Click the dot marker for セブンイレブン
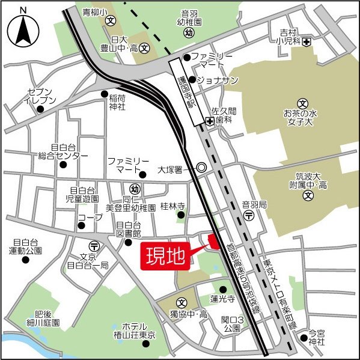click(x=40, y=110)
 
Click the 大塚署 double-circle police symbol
click(x=202, y=169)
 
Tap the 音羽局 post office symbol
click(x=248, y=215)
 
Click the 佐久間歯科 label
click(x=225, y=115)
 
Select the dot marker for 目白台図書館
click(x=127, y=243)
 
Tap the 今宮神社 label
click(x=316, y=337)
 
